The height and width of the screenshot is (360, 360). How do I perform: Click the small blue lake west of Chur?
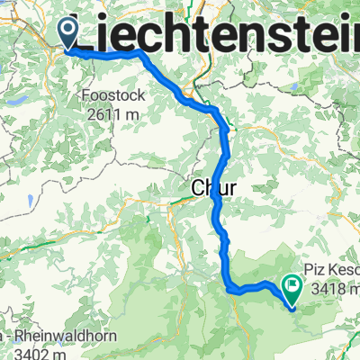click(32, 201)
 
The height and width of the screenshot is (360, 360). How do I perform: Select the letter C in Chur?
click(199, 188)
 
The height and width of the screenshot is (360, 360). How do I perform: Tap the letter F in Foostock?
click(84, 94)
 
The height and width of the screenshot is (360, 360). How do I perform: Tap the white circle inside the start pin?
click(68, 30)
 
